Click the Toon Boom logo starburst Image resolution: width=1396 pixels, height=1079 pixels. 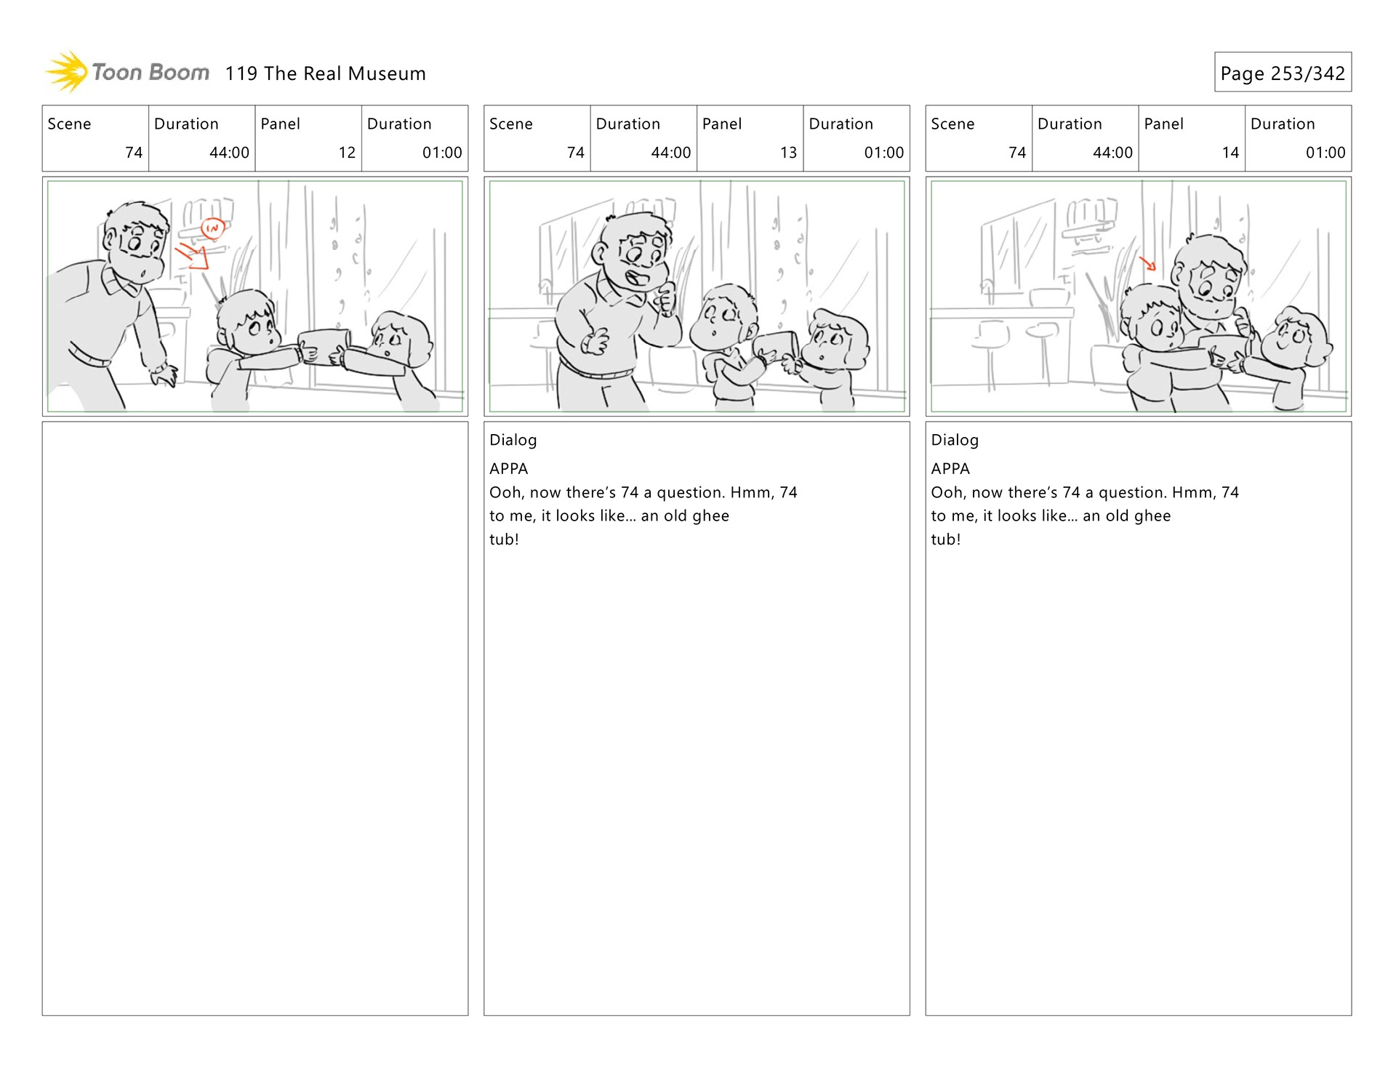(x=66, y=72)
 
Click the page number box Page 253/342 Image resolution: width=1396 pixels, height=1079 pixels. (x=1283, y=72)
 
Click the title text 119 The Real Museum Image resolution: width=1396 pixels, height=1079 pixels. (x=325, y=73)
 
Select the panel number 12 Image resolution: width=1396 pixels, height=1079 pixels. (x=347, y=153)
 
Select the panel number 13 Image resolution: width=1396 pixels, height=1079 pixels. (x=788, y=153)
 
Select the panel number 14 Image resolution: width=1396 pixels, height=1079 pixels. (x=1230, y=153)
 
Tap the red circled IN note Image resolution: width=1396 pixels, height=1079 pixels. (x=212, y=228)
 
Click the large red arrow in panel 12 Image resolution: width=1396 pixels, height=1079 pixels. (x=193, y=255)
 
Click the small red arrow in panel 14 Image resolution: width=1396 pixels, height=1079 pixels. (x=1147, y=262)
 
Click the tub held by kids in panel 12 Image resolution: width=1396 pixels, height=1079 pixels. (x=324, y=346)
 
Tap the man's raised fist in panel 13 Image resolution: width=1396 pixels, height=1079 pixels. (x=665, y=299)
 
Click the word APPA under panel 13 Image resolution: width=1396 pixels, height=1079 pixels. (x=508, y=469)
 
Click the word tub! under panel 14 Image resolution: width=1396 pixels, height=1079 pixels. (x=945, y=539)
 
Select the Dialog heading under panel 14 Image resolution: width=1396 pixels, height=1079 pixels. (x=955, y=440)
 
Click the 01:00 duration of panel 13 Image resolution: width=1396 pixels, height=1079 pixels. (x=883, y=153)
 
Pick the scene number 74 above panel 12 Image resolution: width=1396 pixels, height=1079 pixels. (x=134, y=153)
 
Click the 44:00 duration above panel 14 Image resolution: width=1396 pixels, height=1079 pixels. (x=1112, y=153)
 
